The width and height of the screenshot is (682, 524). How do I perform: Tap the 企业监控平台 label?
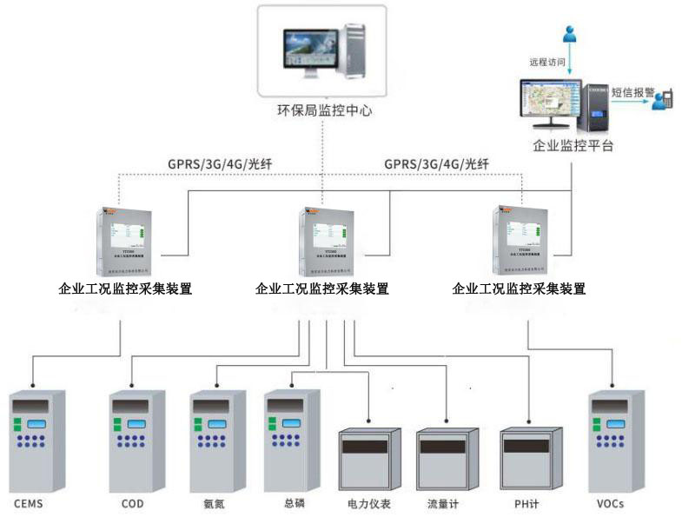pos(573,145)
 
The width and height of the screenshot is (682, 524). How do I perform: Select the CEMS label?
pos(28,504)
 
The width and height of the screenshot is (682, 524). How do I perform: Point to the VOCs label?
pos(611,504)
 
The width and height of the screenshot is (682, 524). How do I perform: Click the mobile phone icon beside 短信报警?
pos(664,98)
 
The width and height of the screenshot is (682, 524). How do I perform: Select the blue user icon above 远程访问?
pos(570,35)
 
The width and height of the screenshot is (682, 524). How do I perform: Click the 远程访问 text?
pos(547,63)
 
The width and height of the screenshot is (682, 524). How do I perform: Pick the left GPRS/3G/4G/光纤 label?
pos(219,163)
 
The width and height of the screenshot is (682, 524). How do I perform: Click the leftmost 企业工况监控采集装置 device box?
pos(128,237)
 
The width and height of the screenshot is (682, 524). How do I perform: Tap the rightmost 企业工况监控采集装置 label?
pos(520,289)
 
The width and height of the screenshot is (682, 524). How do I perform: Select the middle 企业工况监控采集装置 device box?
pos(327,237)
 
